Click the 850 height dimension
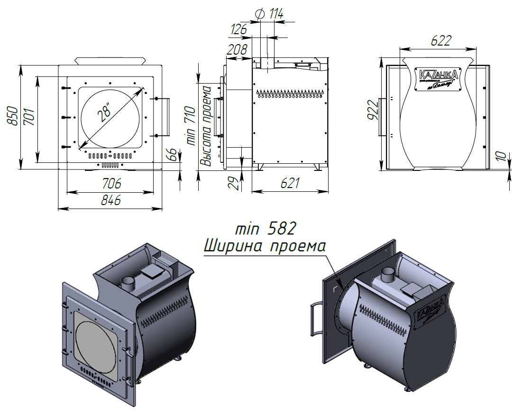[x=15, y=116]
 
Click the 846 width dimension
[x=111, y=200]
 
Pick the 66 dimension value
[x=173, y=154]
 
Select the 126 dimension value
[x=238, y=29]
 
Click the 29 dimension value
[x=232, y=183]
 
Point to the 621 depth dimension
[x=290, y=183]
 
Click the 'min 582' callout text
[x=266, y=228]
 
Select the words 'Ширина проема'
[x=265, y=246]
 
